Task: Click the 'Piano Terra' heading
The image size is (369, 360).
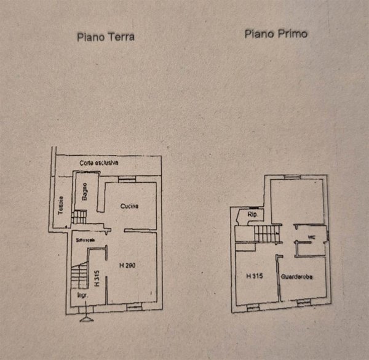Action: point(105,37)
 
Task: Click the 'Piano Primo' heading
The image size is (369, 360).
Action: point(276,34)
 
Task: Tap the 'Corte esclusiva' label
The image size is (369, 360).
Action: point(98,163)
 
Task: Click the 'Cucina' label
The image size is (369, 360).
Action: point(130,206)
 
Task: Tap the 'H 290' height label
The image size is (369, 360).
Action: point(128,266)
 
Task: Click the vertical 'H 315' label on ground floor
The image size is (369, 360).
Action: point(98,278)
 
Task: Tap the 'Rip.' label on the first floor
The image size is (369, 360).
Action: point(252,215)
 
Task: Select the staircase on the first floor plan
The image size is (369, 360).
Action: point(266,233)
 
